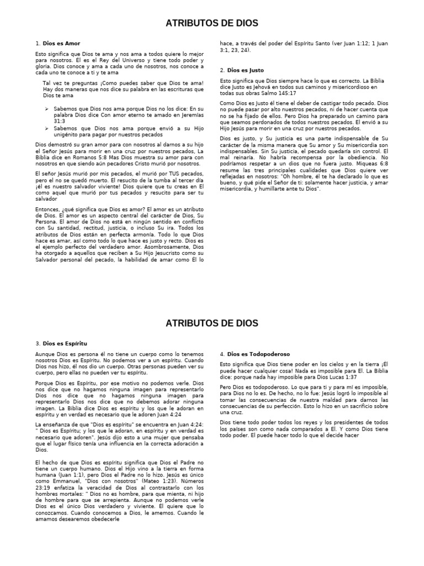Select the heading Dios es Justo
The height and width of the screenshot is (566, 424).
[245, 70]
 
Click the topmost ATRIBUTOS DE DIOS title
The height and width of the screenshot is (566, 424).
[212, 23]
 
